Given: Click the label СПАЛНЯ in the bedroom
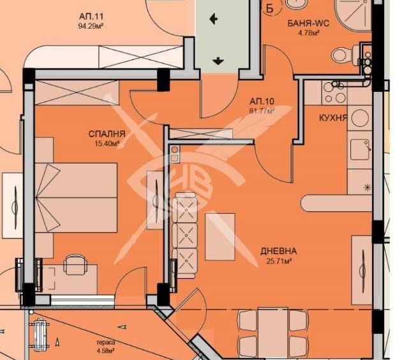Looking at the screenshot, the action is point(107,134).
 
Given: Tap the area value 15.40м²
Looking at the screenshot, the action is point(107,144).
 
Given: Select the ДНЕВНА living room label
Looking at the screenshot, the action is point(278,251).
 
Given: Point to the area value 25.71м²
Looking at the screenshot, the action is point(279,261).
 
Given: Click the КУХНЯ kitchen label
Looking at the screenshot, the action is point(333,117).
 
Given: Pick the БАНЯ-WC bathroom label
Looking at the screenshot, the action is point(309,24).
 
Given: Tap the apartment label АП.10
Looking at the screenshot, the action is point(262,101).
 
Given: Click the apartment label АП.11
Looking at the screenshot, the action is point(91,17).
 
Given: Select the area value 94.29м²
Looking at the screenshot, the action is point(91,26).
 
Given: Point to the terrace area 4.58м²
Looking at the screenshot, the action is point(106,350).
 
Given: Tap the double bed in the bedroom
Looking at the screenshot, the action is point(76,197).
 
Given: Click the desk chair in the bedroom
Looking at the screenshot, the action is point(75,264).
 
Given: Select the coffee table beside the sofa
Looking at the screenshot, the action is point(220,237).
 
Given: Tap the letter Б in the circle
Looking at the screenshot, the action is point(269,8).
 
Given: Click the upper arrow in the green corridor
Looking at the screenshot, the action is point(214,19).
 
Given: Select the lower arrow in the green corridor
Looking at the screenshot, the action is point(218,61).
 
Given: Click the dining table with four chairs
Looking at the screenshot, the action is point(273,333).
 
